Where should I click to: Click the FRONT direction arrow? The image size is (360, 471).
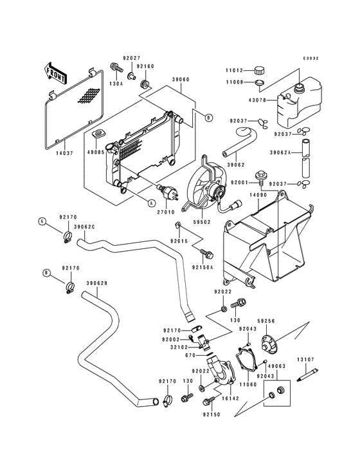55,73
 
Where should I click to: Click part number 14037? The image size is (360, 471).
64,153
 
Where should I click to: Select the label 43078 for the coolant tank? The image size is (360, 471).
258,100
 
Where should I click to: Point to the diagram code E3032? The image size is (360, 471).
310,59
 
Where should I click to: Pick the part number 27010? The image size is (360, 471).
166,212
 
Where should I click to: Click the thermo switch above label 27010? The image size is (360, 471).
167,192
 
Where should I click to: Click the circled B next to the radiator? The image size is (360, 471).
209,118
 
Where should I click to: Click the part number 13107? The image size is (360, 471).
306,359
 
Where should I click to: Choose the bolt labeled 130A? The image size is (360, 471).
116,68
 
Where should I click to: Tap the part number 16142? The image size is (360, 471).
230,398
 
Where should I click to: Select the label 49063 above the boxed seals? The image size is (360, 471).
276,366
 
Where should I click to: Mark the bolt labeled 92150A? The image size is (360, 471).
206,253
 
